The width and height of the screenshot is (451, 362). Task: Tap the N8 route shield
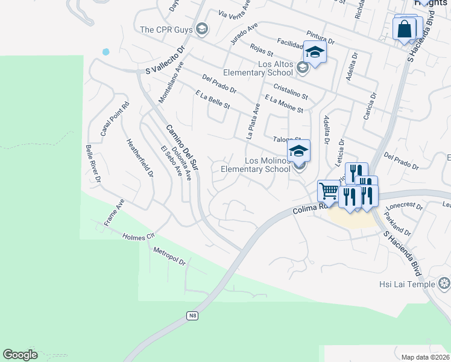click(192, 316)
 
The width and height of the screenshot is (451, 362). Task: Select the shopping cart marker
click(329, 191)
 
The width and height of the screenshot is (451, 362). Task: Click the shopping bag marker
click(404, 28)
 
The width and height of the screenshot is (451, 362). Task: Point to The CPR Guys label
click(167, 29)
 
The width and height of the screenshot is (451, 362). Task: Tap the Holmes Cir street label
click(138, 237)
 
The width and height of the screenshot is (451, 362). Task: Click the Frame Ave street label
click(114, 212)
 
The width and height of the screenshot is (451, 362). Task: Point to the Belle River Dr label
click(93, 163)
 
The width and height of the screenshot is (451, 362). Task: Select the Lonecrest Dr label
click(403, 205)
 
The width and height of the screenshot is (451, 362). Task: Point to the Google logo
click(20, 355)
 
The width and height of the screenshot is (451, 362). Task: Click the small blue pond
click(106, 52)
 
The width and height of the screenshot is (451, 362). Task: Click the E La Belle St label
click(213, 100)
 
